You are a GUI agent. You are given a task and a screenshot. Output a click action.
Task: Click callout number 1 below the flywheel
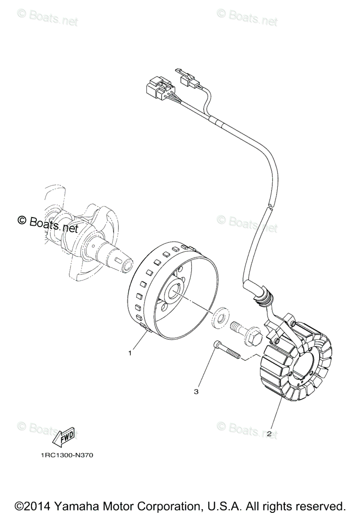[x=130, y=353]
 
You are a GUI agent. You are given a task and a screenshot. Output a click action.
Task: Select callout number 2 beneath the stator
[x=269, y=433]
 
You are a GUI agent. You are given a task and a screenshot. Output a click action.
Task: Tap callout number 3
[x=196, y=391]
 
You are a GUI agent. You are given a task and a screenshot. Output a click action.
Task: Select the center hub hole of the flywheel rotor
[x=175, y=295]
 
